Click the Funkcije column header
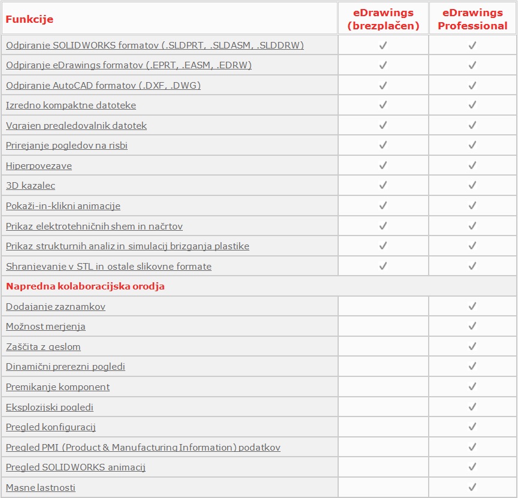[x=30, y=19]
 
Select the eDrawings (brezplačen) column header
[x=383, y=20]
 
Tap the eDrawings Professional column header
[x=472, y=20]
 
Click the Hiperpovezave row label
[x=39, y=165]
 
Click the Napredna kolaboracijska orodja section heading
[x=85, y=286]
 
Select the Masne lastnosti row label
[x=41, y=488]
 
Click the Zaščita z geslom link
[x=43, y=347]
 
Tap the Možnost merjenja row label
[x=46, y=327]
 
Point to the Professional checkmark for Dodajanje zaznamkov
[x=472, y=306]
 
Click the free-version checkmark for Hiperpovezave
[x=383, y=165]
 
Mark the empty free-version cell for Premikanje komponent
[x=383, y=387]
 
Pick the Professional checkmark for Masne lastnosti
[x=472, y=488]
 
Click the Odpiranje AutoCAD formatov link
[x=103, y=85]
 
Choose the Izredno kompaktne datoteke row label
[x=71, y=105]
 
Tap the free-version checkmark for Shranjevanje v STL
[x=383, y=266]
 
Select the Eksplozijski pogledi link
[x=50, y=408]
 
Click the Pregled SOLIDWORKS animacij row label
[x=76, y=467]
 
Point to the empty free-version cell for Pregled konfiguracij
[x=383, y=427]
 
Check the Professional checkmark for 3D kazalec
[x=472, y=186]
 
